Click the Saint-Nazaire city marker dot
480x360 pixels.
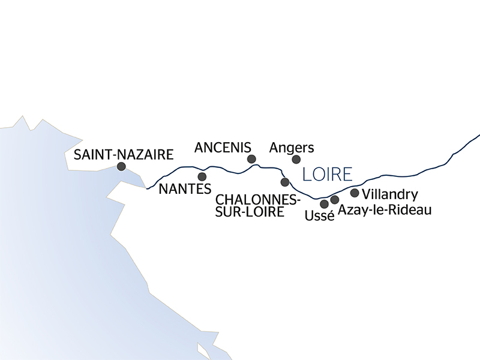pyautogui.click(x=121, y=167)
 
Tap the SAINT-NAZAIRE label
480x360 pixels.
pyautogui.click(x=123, y=155)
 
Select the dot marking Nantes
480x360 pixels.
pyautogui.click(x=202, y=176)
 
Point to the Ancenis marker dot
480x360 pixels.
pyautogui.click(x=252, y=159)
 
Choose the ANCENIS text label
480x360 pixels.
pyautogui.click(x=223, y=147)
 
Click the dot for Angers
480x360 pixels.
pyautogui.click(x=296, y=159)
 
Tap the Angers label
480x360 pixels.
pyautogui.click(x=292, y=147)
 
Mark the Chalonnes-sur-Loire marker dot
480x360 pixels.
pyautogui.click(x=285, y=182)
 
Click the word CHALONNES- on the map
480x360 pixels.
pyautogui.click(x=258, y=199)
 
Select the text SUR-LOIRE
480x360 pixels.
pyautogui.click(x=250, y=211)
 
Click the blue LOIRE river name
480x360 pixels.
pyautogui.click(x=327, y=175)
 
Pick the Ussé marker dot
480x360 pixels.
pyautogui.click(x=325, y=204)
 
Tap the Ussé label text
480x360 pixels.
pyautogui.click(x=319, y=215)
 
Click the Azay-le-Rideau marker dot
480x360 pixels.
pyautogui.click(x=335, y=200)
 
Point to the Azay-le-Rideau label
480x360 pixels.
pyautogui.click(x=385, y=210)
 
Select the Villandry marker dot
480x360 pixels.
pyautogui.click(x=355, y=193)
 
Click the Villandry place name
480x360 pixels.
pyautogui.click(x=391, y=194)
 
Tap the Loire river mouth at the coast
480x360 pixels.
pyautogui.click(x=148, y=188)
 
